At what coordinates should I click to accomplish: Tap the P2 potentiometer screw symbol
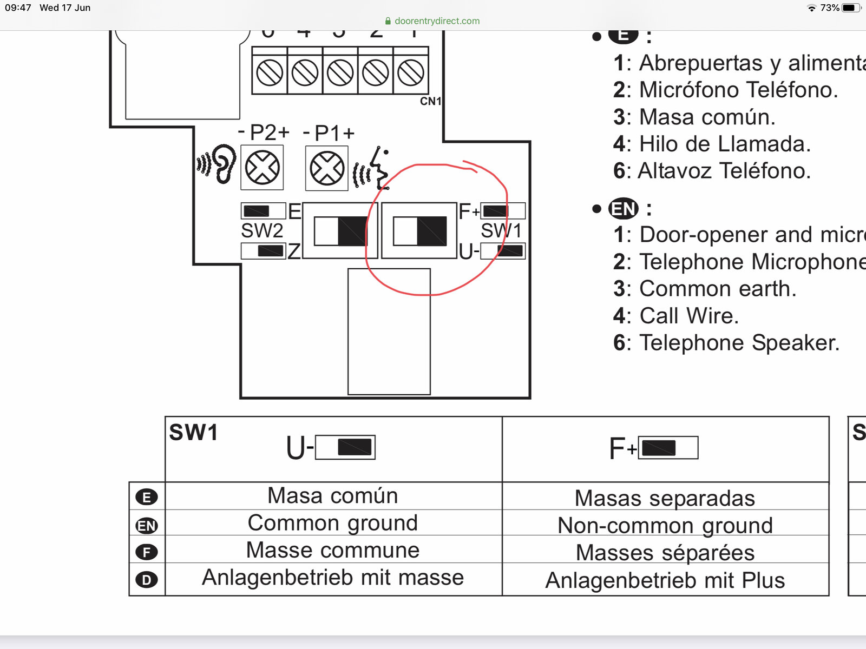click(x=263, y=168)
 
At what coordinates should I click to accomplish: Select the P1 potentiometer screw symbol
click(x=327, y=168)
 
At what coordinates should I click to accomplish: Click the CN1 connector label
click(x=431, y=101)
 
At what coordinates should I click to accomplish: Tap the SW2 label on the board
click(x=262, y=231)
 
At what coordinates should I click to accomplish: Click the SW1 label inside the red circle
click(x=501, y=231)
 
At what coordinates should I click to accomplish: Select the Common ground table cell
click(x=333, y=523)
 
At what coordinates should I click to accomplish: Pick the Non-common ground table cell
click(x=665, y=526)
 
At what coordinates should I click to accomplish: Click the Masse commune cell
click(x=333, y=550)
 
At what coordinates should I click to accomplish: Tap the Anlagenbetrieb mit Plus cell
click(x=665, y=580)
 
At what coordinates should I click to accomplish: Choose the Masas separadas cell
click(x=665, y=498)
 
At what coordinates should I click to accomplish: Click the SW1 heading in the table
click(x=193, y=433)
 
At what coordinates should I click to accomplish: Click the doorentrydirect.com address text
click(x=437, y=21)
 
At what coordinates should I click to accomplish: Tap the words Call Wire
click(x=689, y=316)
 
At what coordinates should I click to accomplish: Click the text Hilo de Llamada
click(x=725, y=144)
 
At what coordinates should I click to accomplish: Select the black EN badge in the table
click(x=147, y=525)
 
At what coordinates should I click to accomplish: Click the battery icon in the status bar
click(x=851, y=8)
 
